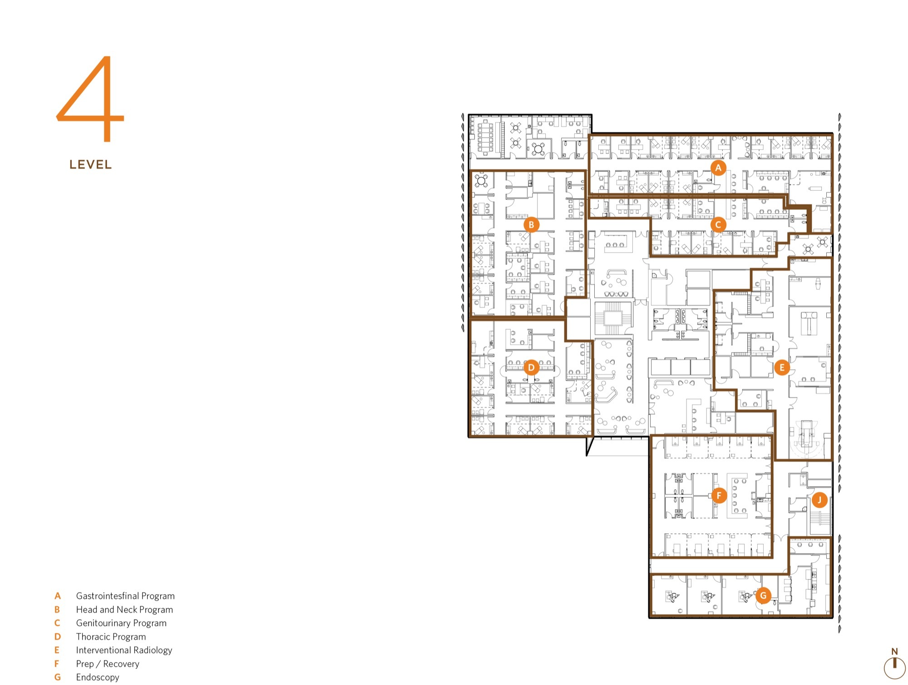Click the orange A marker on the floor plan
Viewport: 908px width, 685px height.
point(718,168)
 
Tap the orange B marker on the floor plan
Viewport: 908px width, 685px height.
point(531,224)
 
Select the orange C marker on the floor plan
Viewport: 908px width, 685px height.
point(718,224)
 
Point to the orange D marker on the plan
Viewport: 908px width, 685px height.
point(531,367)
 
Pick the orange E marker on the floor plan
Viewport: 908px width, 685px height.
point(782,367)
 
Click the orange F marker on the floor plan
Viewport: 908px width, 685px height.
point(719,495)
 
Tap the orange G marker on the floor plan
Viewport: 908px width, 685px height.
point(763,596)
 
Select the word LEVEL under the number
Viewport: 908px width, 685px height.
point(90,165)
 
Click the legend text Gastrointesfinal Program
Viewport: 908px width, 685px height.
point(125,596)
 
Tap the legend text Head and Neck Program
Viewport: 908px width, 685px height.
point(124,610)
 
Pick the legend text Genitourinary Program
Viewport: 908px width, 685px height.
point(121,623)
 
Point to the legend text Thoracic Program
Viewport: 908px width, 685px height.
point(111,637)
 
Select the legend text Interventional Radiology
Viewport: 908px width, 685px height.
point(124,650)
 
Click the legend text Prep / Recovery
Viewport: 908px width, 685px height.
point(108,664)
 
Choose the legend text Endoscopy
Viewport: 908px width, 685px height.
point(98,677)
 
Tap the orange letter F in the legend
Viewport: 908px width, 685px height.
point(57,664)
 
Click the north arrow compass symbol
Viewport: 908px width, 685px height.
point(894,665)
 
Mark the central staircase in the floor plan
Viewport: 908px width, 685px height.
point(612,318)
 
